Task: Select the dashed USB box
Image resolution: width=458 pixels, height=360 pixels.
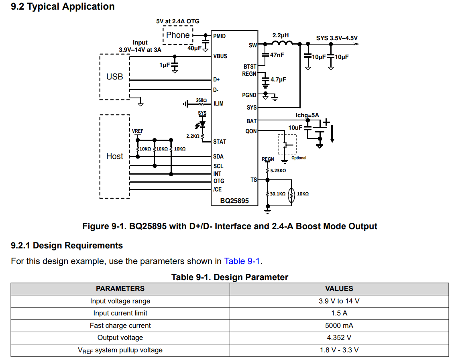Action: click(x=100, y=77)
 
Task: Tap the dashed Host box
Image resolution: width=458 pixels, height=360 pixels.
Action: click(x=100, y=156)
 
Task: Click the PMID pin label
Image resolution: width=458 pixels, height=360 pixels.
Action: click(x=219, y=36)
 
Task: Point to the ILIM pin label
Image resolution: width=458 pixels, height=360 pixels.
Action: click(x=218, y=104)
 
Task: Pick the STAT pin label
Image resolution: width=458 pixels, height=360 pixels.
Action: click(x=220, y=142)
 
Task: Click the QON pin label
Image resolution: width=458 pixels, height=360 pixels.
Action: click(x=251, y=131)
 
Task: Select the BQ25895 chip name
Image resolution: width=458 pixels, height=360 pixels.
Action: click(x=234, y=201)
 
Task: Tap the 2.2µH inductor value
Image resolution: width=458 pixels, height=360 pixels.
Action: click(x=281, y=35)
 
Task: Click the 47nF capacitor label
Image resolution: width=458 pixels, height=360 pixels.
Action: click(x=277, y=55)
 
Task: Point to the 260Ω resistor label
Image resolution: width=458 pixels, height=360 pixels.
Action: click(x=201, y=100)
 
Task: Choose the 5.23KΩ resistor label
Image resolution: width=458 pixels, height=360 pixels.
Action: click(x=278, y=171)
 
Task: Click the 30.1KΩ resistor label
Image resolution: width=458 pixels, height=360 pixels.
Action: click(x=277, y=194)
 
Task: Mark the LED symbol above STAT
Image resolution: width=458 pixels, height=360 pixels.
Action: click(x=201, y=125)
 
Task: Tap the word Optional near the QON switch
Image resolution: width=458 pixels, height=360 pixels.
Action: click(x=299, y=158)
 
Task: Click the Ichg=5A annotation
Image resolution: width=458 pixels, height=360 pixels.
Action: click(x=307, y=115)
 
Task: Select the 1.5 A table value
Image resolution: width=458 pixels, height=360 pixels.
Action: click(x=339, y=313)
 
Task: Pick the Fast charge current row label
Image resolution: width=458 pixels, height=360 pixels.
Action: click(x=120, y=325)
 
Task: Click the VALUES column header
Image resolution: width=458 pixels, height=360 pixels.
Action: click(x=339, y=289)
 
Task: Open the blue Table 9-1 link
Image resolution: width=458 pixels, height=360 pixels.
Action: click(x=242, y=261)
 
